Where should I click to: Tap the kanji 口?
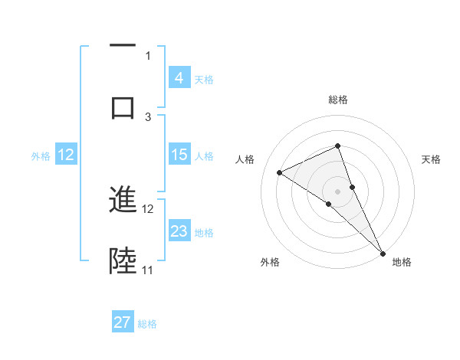[x=123, y=107]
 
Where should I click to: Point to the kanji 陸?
[x=123, y=261]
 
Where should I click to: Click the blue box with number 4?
[x=179, y=78]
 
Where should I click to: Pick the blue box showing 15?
[x=179, y=155]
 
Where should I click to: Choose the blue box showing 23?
[x=179, y=231]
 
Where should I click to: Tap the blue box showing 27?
[x=123, y=322]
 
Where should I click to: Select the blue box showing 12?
[x=66, y=155]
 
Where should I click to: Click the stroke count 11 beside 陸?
[x=147, y=270]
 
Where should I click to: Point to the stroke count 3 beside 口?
[x=148, y=116]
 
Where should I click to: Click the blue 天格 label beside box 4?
[x=204, y=79]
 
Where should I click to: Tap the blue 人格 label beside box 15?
[x=204, y=155]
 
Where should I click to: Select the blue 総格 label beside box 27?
[x=147, y=324]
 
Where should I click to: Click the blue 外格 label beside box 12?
[x=41, y=155]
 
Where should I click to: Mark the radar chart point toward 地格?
[x=383, y=253]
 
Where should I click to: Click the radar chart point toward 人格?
[x=280, y=172]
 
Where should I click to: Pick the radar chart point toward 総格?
[x=337, y=146]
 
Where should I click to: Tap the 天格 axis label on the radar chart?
[x=432, y=159]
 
